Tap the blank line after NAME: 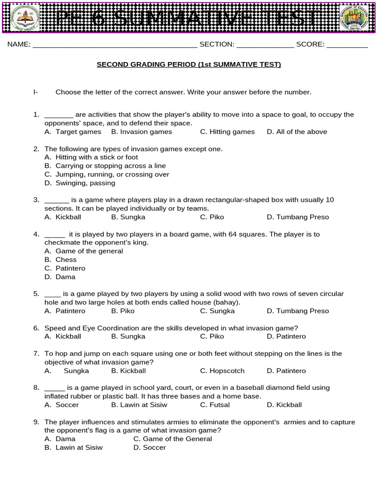[x=114, y=45]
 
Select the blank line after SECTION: [x=265, y=45]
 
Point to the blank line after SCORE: [x=347, y=45]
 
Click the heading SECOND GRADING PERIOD [x=189, y=64]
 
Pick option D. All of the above [x=297, y=132]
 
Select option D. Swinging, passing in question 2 [x=80, y=183]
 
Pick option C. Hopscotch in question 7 [x=222, y=371]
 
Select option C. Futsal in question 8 [x=215, y=405]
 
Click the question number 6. [x=36, y=328]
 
